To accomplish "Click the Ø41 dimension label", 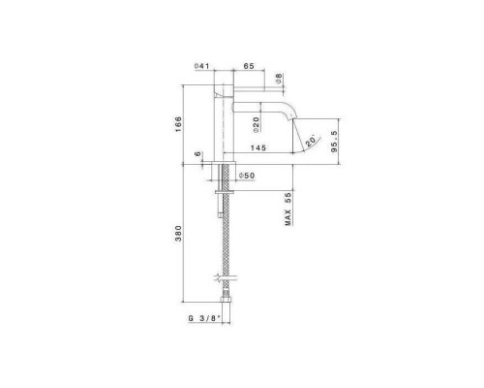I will click(x=202, y=66).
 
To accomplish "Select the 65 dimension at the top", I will click(x=248, y=66).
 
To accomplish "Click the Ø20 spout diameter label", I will click(x=247, y=126).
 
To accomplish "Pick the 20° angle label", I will click(x=310, y=140).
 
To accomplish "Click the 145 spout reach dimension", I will click(x=257, y=148).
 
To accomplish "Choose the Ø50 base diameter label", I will click(x=245, y=175).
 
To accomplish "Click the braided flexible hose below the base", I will click(x=226, y=242).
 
